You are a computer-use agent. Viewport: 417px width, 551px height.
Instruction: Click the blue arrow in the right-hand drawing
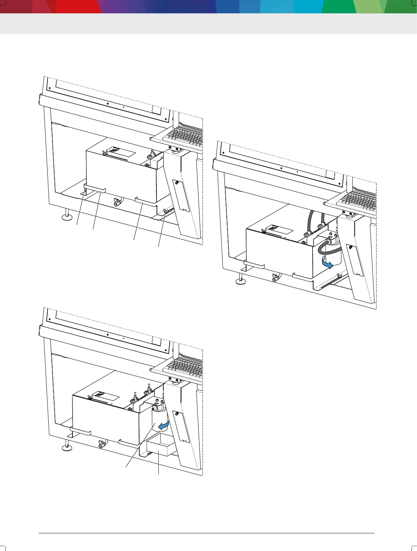(327, 263)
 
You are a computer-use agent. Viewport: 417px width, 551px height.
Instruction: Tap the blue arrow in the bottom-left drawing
(165, 424)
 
